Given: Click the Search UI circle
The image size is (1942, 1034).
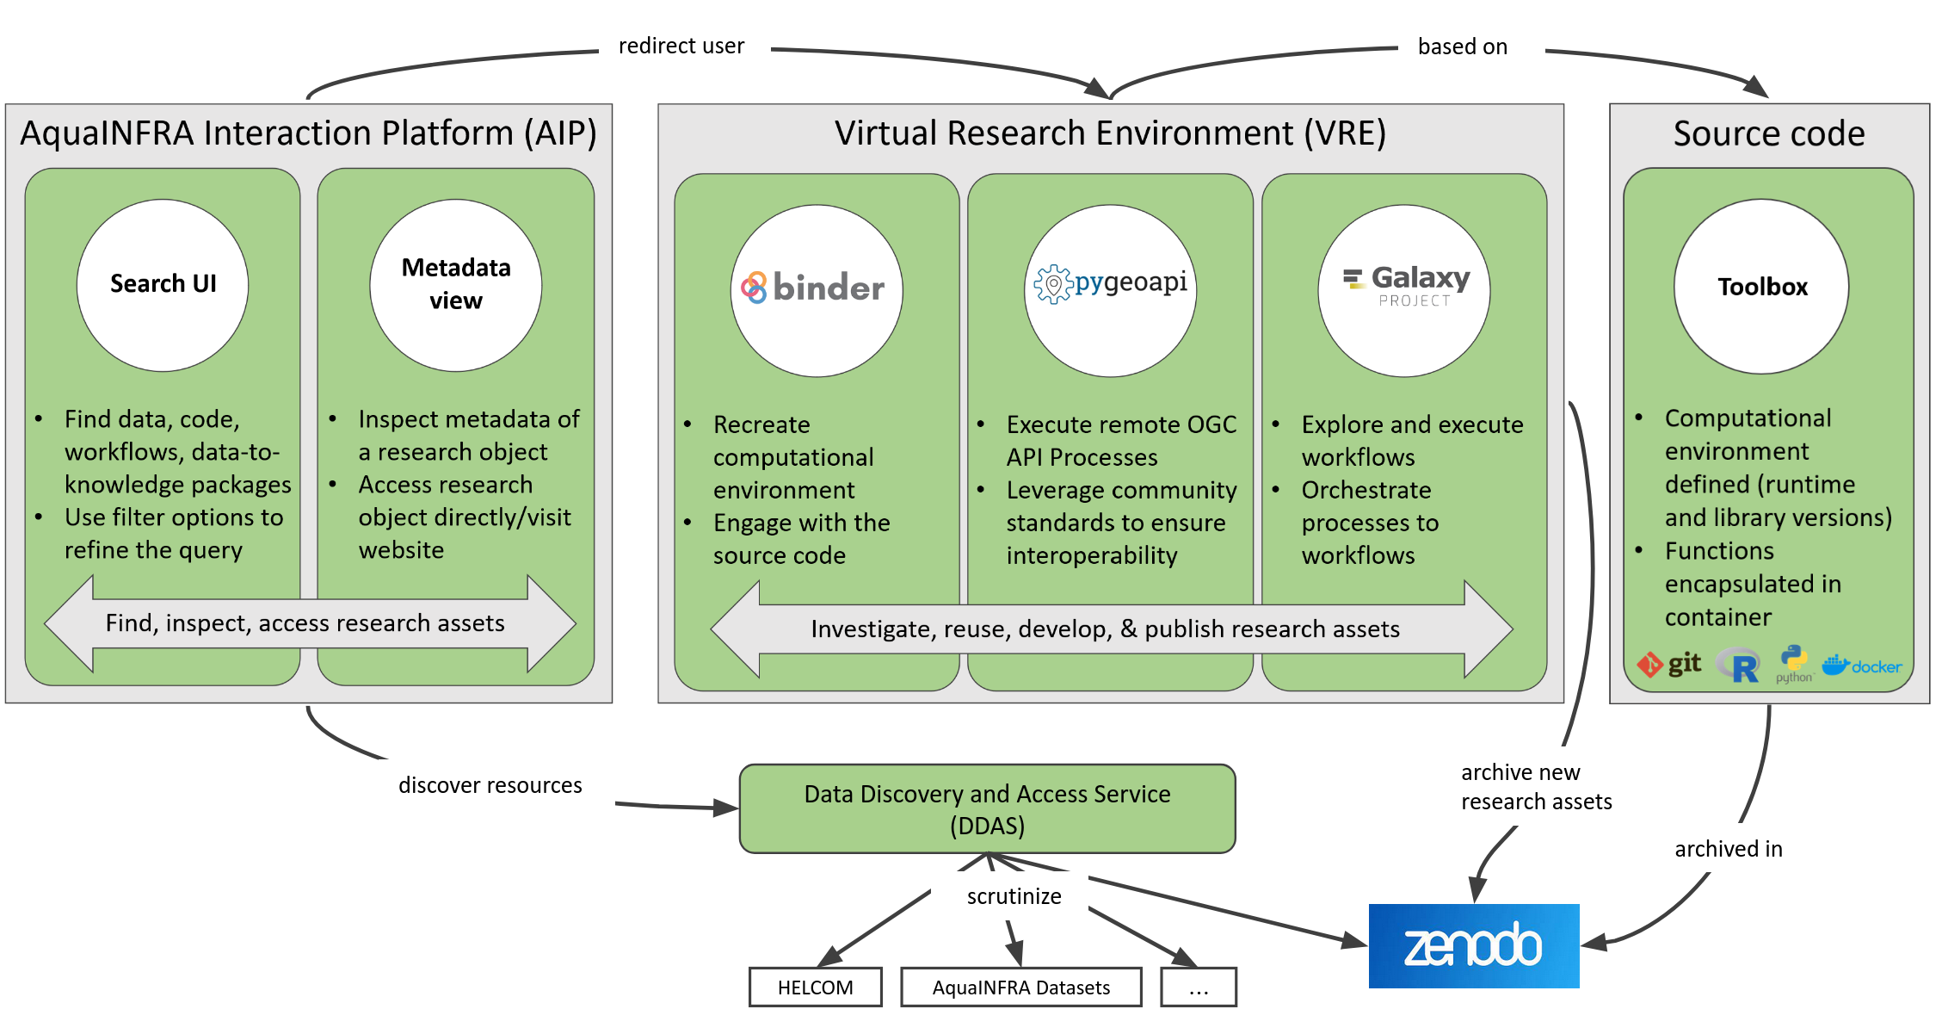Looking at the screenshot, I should [x=163, y=285].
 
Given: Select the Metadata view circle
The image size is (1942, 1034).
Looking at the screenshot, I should [x=456, y=285].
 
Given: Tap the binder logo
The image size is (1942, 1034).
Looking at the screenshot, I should [x=817, y=289].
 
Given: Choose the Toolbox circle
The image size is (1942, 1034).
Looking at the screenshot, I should [x=1761, y=287].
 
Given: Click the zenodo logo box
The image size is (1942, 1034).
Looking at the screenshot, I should [x=1474, y=945].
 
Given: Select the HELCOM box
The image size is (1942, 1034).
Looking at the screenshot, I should [x=816, y=988].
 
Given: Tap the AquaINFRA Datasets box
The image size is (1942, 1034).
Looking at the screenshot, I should [x=1021, y=988].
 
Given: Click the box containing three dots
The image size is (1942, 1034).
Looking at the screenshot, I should [x=1199, y=988].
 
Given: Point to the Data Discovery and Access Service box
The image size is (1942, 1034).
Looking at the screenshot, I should [x=987, y=809].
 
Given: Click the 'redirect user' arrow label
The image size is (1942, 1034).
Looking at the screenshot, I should [x=681, y=46].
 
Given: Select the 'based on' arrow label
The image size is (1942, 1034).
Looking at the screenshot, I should [x=1463, y=47].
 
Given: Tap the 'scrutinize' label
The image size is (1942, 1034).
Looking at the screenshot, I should [x=1014, y=896].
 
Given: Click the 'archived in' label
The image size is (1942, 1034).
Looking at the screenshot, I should [x=1729, y=850].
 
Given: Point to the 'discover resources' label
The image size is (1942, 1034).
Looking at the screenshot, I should [x=490, y=785].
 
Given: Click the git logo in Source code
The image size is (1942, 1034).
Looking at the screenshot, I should [x=1669, y=665].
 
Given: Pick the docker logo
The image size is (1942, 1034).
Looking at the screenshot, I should [x=1862, y=666].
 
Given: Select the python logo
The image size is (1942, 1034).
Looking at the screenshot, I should [x=1794, y=664].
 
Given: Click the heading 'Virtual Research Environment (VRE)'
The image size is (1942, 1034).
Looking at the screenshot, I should [x=1110, y=133].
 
